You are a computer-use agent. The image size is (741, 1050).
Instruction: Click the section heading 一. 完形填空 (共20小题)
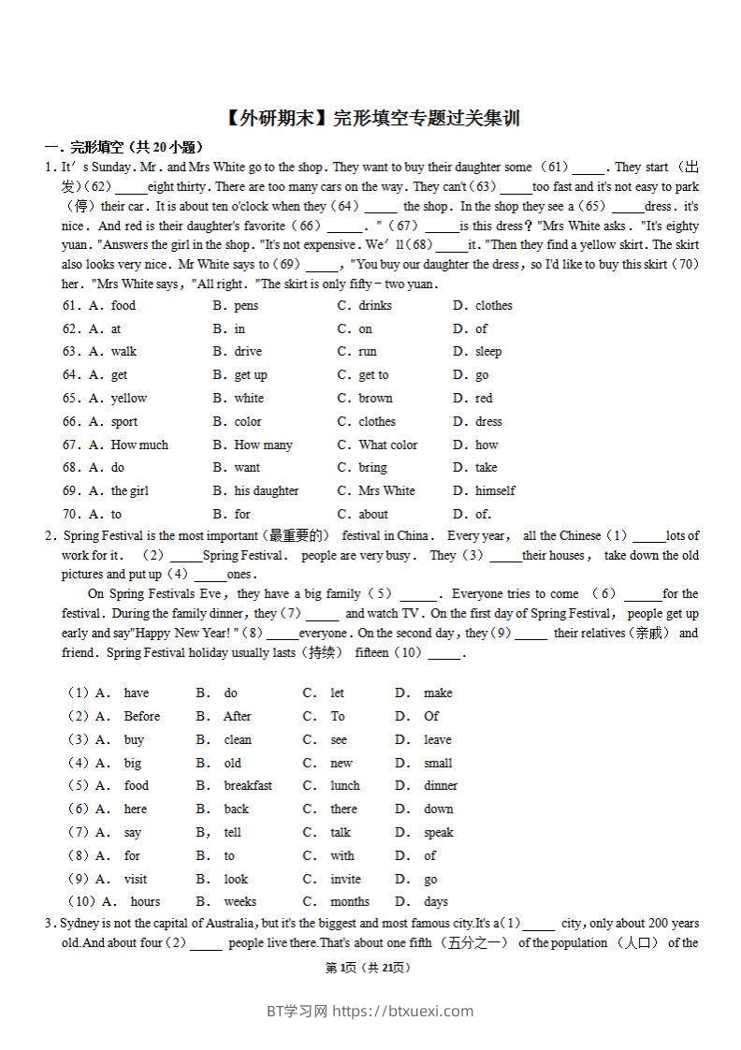[123, 147]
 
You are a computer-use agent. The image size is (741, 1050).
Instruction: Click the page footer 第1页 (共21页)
[368, 969]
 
